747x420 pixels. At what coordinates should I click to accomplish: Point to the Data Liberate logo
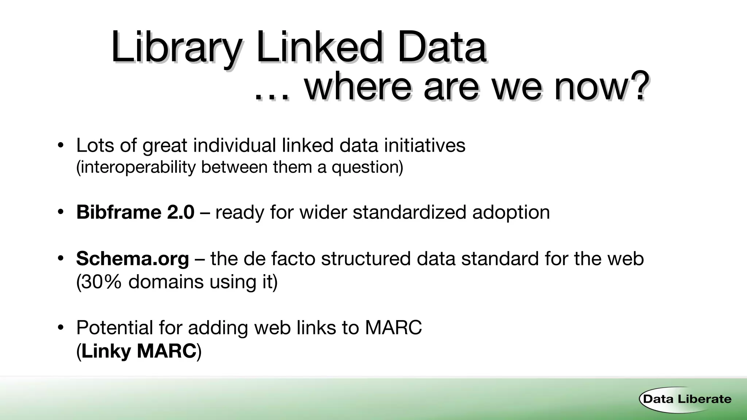tap(686, 399)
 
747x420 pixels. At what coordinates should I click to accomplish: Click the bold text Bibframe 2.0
tap(135, 212)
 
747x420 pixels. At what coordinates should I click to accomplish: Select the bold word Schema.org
tap(132, 258)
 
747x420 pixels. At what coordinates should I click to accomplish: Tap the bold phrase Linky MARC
tap(139, 351)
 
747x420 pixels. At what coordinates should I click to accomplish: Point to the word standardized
tap(409, 212)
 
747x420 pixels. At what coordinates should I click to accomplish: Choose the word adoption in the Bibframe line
tap(511, 213)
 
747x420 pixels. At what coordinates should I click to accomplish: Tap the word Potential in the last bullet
tap(115, 327)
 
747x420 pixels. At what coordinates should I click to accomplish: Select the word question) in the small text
tap(367, 167)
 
